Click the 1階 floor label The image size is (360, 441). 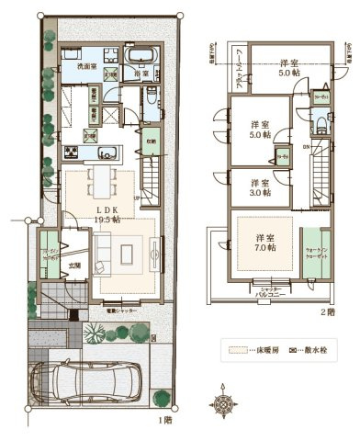pyautogui.click(x=163, y=422)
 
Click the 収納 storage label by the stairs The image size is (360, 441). pyautogui.click(x=150, y=141)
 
